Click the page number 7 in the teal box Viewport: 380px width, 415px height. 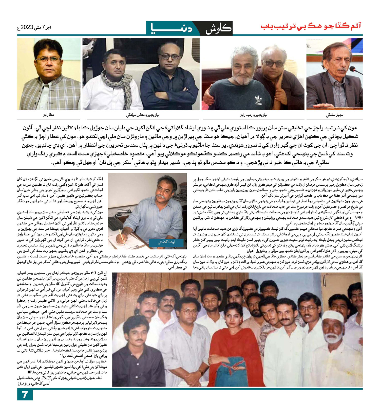pos(25,395)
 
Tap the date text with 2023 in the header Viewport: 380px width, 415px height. pos(34,27)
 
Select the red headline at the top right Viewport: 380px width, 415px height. pos(311,26)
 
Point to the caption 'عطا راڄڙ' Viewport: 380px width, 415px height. pos(49,115)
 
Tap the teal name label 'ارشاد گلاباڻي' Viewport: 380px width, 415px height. pos(166,242)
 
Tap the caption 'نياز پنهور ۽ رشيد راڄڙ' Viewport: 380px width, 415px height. pos(253,115)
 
